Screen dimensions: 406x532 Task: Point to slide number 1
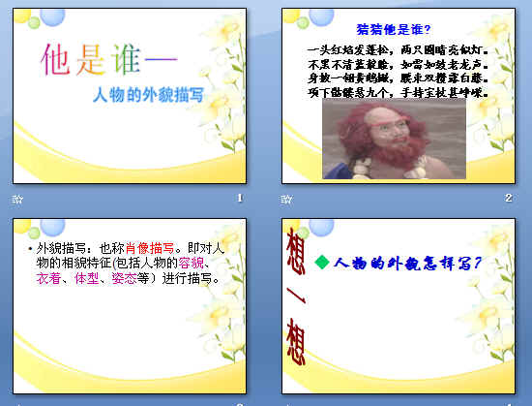238,199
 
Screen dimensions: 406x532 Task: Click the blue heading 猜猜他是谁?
394,30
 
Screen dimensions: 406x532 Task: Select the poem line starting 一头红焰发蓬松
397,47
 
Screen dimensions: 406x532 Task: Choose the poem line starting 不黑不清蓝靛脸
397,63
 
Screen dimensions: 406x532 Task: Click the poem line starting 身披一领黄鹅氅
397,78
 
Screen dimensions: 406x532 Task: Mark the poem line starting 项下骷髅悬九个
397,94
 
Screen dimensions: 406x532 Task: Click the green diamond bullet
323,264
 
